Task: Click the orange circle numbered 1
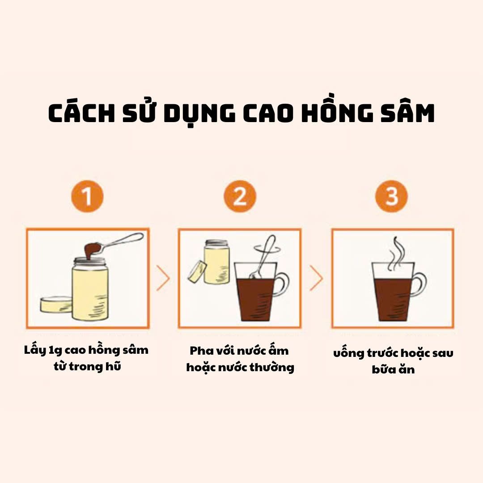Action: click(87, 196)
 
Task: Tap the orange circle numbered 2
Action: click(240, 196)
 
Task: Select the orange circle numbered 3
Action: click(391, 196)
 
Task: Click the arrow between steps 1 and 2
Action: click(163, 278)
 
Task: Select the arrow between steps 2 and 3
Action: click(316, 278)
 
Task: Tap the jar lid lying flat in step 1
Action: click(56, 305)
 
